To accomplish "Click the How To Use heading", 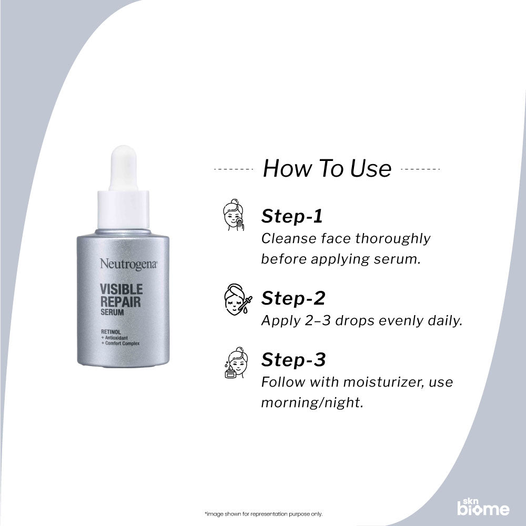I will [x=327, y=169].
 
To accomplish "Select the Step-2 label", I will [x=293, y=298].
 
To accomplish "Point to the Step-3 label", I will [x=294, y=360].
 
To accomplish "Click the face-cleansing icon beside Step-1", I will [x=234, y=215].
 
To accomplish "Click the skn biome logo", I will [x=482, y=507].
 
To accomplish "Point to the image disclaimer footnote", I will [x=262, y=513].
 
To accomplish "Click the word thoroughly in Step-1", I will [x=392, y=239].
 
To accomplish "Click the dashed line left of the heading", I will [x=234, y=169].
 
